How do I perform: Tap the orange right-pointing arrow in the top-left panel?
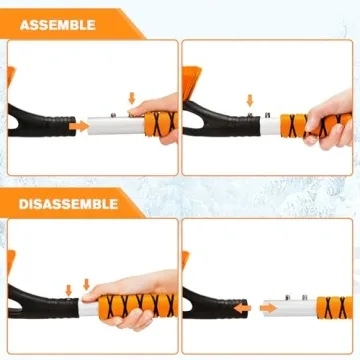point(78,127)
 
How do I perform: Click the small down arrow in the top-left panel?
point(131,97)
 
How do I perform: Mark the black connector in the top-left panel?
point(40,120)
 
